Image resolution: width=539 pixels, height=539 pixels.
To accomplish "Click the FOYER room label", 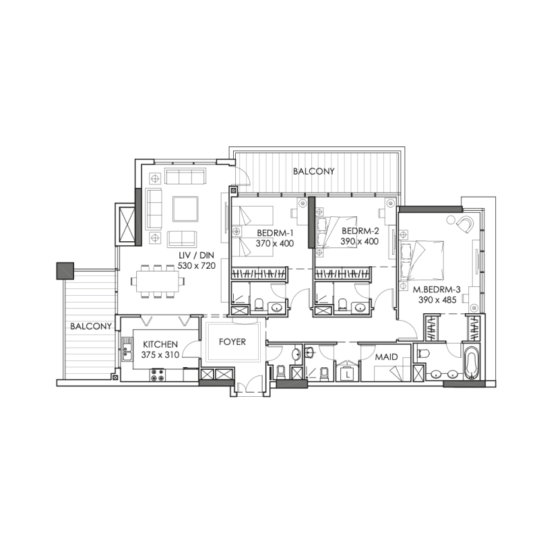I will pyautogui.click(x=232, y=342).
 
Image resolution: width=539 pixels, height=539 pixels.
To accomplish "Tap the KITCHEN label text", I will pyautogui.click(x=160, y=344).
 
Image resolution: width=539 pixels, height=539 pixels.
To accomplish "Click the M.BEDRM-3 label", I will pyautogui.click(x=437, y=290).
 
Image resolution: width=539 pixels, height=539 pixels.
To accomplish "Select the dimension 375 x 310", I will pyautogui.click(x=160, y=355).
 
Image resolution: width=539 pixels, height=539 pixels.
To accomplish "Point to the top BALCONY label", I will pyautogui.click(x=313, y=172).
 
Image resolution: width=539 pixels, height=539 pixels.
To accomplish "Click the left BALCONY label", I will pyautogui.click(x=90, y=326).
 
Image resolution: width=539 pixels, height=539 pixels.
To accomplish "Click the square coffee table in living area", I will pyautogui.click(x=185, y=209).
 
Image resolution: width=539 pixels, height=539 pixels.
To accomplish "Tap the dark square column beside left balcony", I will pyautogui.click(x=64, y=270).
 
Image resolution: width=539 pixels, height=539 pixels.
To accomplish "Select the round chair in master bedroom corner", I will pyautogui.click(x=464, y=222).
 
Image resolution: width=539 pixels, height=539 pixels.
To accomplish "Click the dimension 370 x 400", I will pyautogui.click(x=276, y=243).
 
